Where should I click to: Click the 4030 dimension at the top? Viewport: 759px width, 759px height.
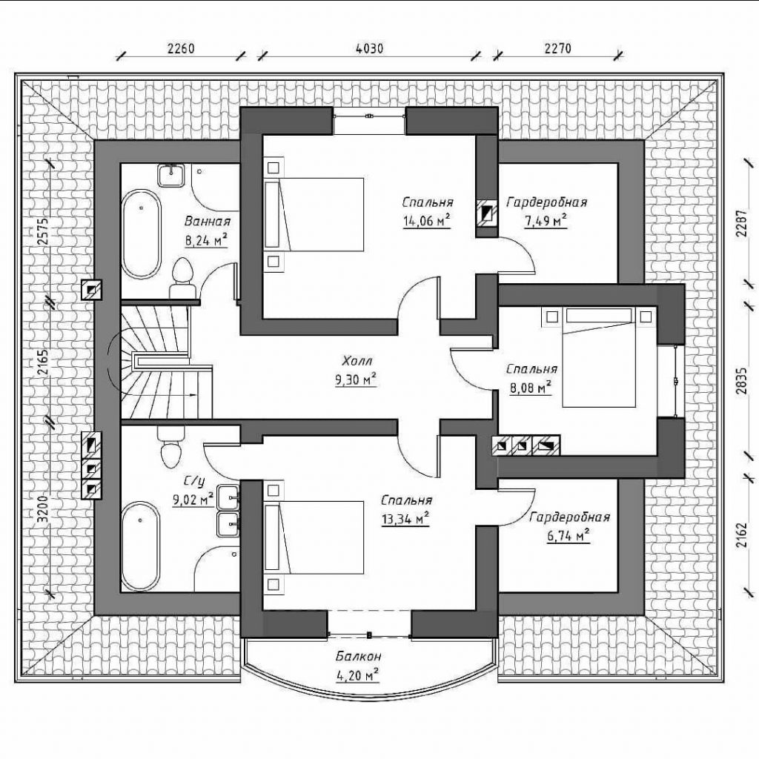pos(369,48)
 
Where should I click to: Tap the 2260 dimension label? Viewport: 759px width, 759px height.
pos(181,48)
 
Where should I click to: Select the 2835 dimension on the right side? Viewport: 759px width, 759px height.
pos(741,381)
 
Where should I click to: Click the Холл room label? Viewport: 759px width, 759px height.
pos(357,361)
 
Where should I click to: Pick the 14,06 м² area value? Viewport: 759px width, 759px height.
pos(427,221)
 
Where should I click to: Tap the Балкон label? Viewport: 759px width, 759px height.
pos(359,657)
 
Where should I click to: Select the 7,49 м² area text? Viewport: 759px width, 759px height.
pos(546,221)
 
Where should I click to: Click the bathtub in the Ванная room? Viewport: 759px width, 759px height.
pos(141,233)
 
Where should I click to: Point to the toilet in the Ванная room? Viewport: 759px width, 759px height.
pos(182,279)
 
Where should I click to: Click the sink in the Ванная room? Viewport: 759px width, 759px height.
pos(171,175)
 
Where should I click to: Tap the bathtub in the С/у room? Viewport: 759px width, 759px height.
pos(140,546)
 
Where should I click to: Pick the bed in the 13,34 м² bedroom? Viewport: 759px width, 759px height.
pos(314,538)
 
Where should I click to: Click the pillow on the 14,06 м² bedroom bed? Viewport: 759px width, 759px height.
pos(272,214)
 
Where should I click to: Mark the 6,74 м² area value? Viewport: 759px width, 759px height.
pos(569,536)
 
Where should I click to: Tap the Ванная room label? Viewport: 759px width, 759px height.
pos(208,222)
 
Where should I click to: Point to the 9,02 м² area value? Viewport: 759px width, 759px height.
pos(193,499)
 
